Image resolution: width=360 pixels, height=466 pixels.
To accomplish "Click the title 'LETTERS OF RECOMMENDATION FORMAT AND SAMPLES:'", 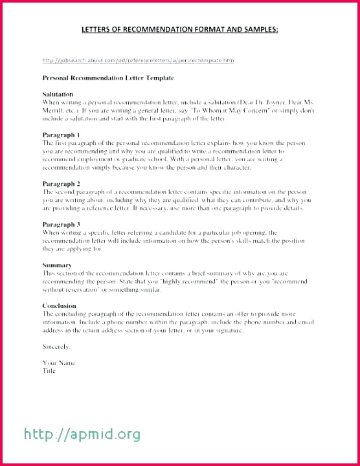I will pyautogui.click(x=179, y=29).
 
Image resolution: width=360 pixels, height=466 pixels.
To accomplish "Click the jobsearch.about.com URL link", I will pyautogui.click(x=138, y=60).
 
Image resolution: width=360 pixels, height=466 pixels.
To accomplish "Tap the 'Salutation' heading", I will pyautogui.click(x=58, y=94).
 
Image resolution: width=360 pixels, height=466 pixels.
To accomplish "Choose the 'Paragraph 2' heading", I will pyautogui.click(x=60, y=184).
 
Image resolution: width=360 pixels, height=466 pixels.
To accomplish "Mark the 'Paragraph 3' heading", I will pyautogui.click(x=60, y=224).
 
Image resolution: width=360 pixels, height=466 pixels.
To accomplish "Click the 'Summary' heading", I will pyautogui.click(x=56, y=265).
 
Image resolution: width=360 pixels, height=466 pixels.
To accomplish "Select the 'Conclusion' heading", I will pyautogui.click(x=59, y=305).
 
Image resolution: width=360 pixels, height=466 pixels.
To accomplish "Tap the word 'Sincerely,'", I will pyautogui.click(x=56, y=346).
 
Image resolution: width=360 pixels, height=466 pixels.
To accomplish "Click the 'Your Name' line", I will pyautogui.click(x=59, y=363).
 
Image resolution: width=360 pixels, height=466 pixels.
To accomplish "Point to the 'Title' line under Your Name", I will pyautogui.click(x=49, y=371).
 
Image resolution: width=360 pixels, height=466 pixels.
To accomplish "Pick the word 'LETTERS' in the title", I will pyautogui.click(x=98, y=29).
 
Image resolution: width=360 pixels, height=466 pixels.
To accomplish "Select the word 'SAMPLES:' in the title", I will pyautogui.click(x=258, y=29).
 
